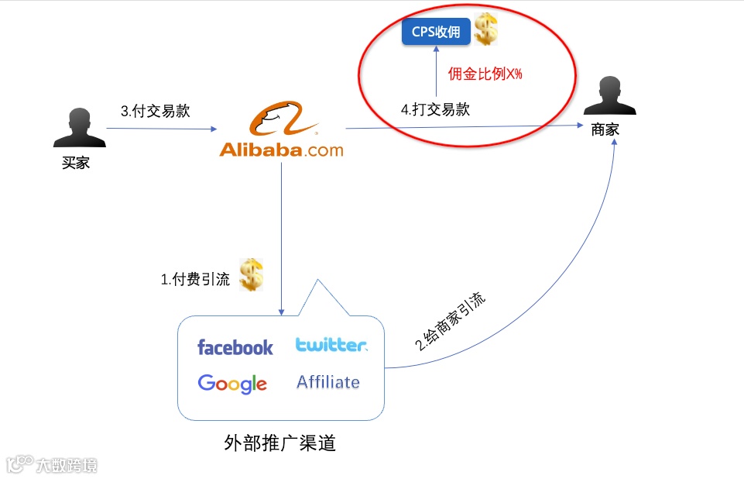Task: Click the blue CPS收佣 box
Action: (436, 33)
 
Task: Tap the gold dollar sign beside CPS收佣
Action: (485, 30)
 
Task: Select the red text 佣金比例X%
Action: (485, 75)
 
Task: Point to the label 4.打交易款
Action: (435, 110)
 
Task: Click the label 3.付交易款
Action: (155, 111)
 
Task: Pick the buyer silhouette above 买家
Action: (79, 128)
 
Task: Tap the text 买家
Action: (76, 163)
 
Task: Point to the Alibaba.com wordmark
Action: (281, 150)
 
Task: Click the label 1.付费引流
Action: (195, 280)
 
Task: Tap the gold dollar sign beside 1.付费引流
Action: (251, 275)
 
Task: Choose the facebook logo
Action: (235, 347)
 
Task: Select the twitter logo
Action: (331, 345)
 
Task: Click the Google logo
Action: (232, 383)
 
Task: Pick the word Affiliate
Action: (328, 382)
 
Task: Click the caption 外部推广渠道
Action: (279, 443)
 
